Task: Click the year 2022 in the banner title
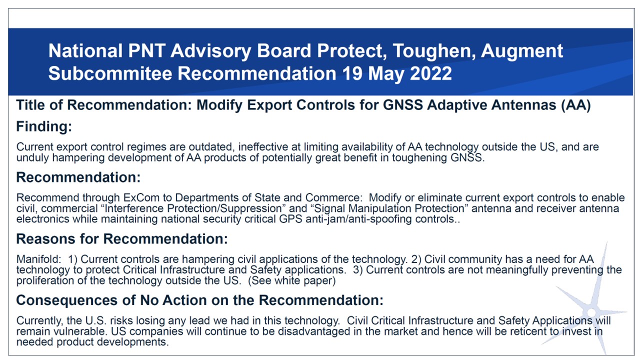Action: [431, 73]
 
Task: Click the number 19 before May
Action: [352, 73]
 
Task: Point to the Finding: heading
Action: [44, 126]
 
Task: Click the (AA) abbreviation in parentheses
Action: [575, 105]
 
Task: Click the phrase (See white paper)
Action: [291, 281]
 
